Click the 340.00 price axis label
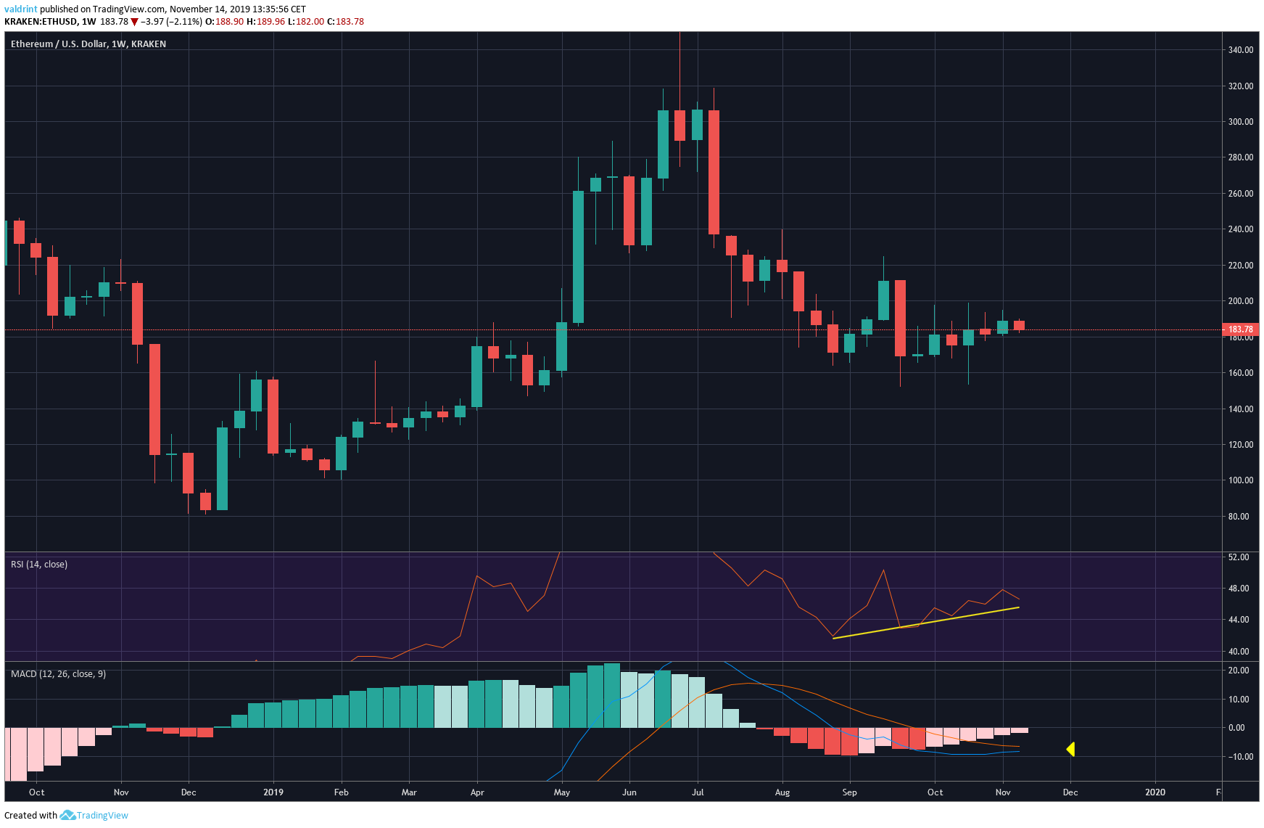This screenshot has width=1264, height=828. pyautogui.click(x=1240, y=50)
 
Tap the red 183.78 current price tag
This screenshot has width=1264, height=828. pyautogui.click(x=1240, y=329)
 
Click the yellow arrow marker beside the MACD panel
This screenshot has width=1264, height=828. pyautogui.click(x=1070, y=749)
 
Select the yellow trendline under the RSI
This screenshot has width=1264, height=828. pyautogui.click(x=926, y=623)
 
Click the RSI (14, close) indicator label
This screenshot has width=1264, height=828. pyautogui.click(x=39, y=565)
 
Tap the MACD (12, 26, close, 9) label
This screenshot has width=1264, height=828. pyautogui.click(x=58, y=674)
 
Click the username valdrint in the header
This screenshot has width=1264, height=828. pyautogui.click(x=21, y=9)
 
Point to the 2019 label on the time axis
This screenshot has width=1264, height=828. pyautogui.click(x=273, y=792)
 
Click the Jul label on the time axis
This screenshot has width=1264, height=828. pyautogui.click(x=698, y=792)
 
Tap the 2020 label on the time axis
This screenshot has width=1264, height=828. pyautogui.click(x=1155, y=792)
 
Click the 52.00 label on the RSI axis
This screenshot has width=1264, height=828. pyautogui.click(x=1239, y=557)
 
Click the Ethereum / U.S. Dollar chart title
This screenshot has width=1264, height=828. pyautogui.click(x=88, y=44)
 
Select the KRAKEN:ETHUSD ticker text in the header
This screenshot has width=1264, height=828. pyautogui.click(x=41, y=22)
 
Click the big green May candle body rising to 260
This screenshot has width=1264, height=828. pyautogui.click(x=579, y=256)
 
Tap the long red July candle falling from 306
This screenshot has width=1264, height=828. pyautogui.click(x=714, y=172)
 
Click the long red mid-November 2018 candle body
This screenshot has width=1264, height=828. pyautogui.click(x=154, y=399)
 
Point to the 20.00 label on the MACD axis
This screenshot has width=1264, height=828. pyautogui.click(x=1239, y=671)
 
